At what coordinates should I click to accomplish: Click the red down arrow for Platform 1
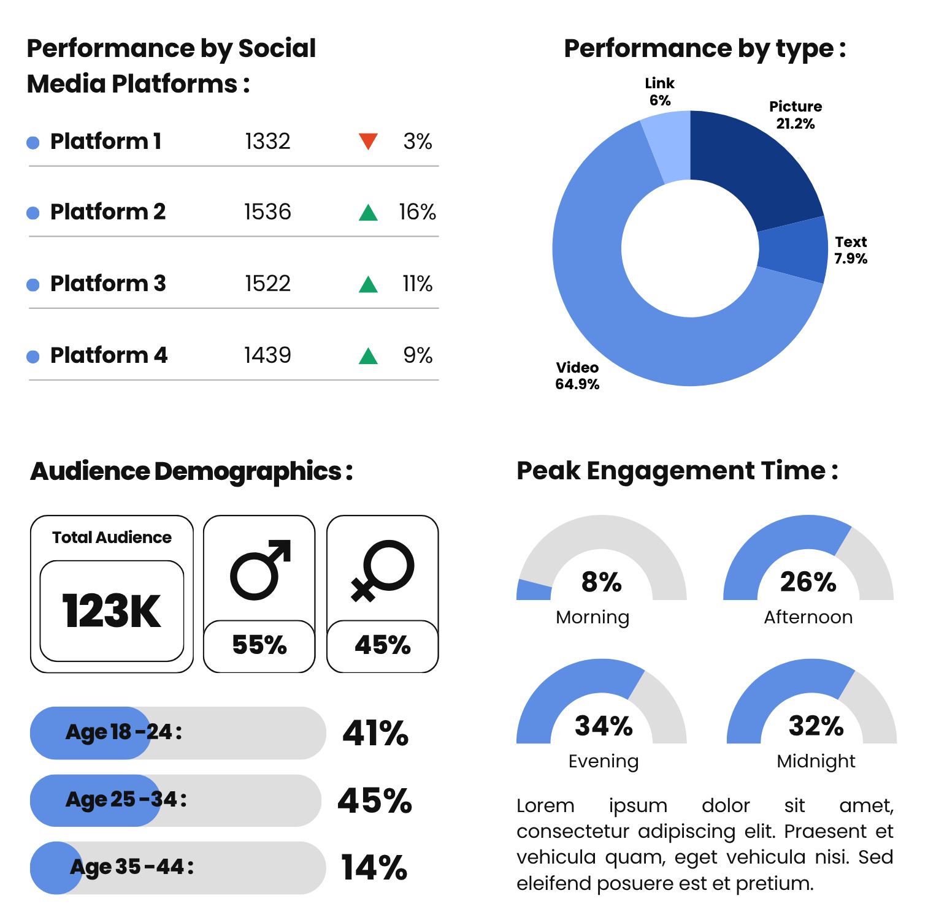click(368, 141)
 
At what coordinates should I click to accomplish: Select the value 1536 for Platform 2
click(267, 212)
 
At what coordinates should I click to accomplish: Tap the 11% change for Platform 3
click(417, 284)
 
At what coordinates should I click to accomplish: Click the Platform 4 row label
click(109, 355)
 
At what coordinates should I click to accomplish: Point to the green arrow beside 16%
click(368, 213)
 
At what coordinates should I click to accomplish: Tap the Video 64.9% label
click(577, 376)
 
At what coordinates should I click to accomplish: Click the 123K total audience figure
click(112, 611)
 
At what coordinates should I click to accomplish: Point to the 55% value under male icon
click(259, 645)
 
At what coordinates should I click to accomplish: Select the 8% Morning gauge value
click(602, 582)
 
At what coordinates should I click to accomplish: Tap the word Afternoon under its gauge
click(808, 617)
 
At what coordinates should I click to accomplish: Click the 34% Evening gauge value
click(604, 726)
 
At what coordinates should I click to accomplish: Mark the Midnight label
click(816, 761)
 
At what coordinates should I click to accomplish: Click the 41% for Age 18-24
click(375, 733)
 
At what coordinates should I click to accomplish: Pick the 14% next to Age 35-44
click(374, 868)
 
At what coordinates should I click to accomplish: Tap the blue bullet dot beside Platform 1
click(33, 143)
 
